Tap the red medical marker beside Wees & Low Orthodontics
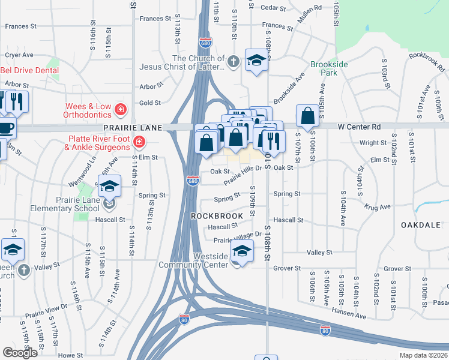[121, 109]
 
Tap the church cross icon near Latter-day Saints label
[234, 61]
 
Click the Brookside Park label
[325, 68]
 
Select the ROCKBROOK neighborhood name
[217, 215]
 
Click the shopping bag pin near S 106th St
[307, 115]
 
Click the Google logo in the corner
[20, 353]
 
